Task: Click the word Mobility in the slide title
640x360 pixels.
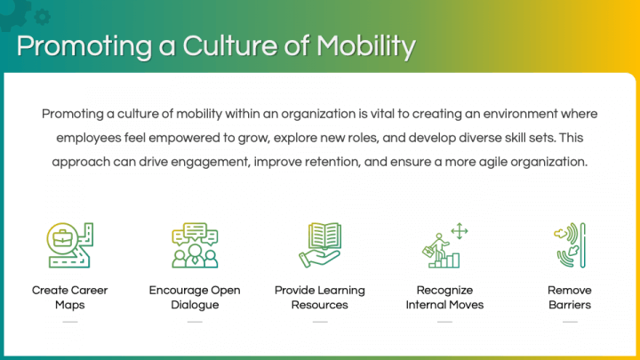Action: [x=364, y=46]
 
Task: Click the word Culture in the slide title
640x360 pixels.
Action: [x=233, y=46]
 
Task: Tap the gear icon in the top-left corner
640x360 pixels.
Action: [x=39, y=15]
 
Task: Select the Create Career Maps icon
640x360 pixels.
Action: [x=70, y=245]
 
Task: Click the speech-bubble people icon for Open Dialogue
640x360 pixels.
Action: [x=195, y=245]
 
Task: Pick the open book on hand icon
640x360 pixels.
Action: [x=319, y=245]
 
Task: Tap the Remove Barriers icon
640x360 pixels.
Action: [x=569, y=245]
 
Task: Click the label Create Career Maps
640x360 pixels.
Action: [x=70, y=297]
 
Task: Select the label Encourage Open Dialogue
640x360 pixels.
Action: [x=195, y=297]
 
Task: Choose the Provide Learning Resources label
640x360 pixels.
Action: [x=319, y=297]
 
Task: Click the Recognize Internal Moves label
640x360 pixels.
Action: [x=444, y=297]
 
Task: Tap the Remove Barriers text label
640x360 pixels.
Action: [x=569, y=297]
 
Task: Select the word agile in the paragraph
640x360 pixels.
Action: [x=496, y=163]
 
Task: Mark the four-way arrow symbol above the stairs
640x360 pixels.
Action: [x=460, y=231]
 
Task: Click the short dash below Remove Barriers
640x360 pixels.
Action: [x=569, y=322]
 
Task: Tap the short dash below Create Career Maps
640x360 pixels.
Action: [x=70, y=322]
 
